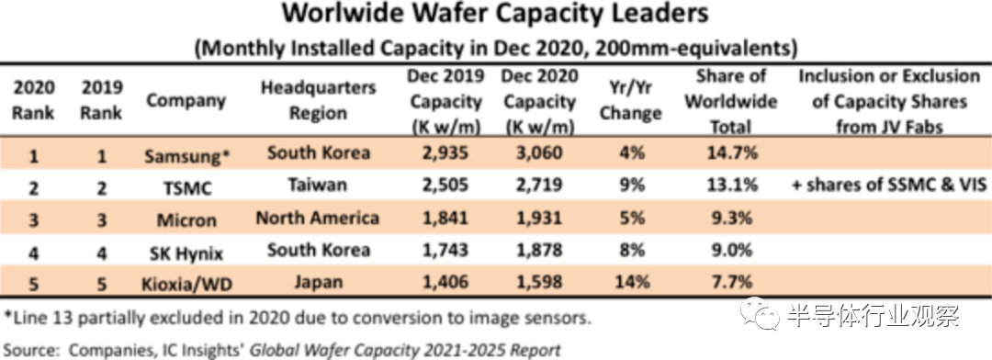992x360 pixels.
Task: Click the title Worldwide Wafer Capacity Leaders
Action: (495, 14)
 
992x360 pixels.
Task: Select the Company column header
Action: (186, 101)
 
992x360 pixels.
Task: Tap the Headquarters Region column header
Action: (318, 101)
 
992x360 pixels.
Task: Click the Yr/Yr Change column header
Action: (630, 101)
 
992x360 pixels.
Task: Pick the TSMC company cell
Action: (185, 188)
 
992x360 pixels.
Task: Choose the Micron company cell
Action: (186, 220)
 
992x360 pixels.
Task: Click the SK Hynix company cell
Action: (186, 253)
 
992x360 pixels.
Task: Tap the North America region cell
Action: (318, 219)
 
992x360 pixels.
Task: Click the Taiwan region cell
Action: (318, 185)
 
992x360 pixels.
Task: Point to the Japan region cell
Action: (318, 281)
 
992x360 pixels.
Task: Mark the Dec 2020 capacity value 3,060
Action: (540, 152)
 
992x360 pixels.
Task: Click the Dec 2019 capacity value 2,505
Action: (446, 185)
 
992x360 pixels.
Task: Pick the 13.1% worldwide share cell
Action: (731, 185)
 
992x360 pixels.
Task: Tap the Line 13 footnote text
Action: (298, 318)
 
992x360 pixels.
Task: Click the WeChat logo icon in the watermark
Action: (761, 314)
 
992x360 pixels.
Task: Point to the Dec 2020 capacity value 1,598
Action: (540, 281)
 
